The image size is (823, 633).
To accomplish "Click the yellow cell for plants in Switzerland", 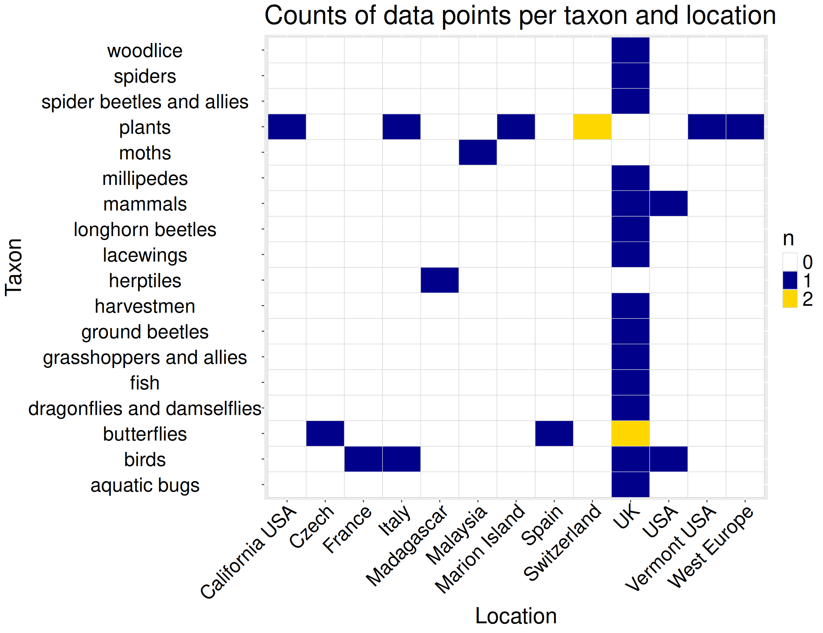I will (x=592, y=127).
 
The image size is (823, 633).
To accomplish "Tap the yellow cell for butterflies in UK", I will (x=630, y=433).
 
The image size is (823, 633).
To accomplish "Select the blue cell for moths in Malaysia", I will (x=477, y=152).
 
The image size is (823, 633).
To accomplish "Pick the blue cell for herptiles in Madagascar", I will (x=440, y=280).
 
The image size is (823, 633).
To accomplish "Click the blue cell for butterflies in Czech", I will (x=325, y=433).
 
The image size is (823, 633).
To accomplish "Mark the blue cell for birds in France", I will (x=363, y=459).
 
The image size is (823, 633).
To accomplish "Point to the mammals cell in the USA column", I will (x=668, y=203).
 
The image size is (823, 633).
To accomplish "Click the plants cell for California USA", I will (x=287, y=127).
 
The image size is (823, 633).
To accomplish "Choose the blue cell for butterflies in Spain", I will (x=554, y=433).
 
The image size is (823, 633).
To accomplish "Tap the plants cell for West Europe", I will (x=745, y=127).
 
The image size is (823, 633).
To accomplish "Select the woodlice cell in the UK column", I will (x=630, y=50).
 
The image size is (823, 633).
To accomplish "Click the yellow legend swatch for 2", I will (x=790, y=299).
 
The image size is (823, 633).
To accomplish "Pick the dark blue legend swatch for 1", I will (x=790, y=280).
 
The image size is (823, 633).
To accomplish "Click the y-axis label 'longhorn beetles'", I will (x=145, y=229).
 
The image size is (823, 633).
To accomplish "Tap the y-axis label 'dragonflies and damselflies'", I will (x=145, y=408).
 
